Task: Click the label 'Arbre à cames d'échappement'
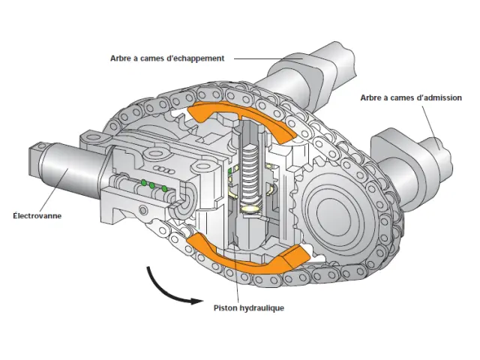(x=167, y=58)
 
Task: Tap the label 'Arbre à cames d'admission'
(x=411, y=98)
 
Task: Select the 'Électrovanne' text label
(x=37, y=215)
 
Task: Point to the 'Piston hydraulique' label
(x=249, y=307)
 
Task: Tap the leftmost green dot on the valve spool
(x=143, y=183)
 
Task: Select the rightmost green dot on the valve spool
(x=164, y=188)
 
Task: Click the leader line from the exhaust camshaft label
(x=268, y=58)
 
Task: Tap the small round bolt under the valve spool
(x=142, y=210)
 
